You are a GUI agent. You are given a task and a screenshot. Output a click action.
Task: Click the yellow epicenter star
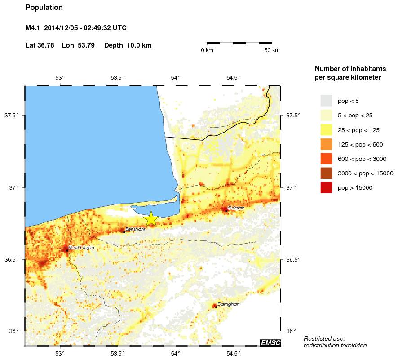[151, 218]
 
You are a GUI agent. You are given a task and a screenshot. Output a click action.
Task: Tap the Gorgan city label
[236, 208]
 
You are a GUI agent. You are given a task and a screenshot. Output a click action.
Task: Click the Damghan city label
[228, 304]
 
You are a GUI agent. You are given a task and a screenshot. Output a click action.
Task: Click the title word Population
[44, 8]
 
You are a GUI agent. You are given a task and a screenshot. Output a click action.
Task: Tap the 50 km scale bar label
[271, 50]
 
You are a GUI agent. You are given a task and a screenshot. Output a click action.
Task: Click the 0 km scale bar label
[207, 50]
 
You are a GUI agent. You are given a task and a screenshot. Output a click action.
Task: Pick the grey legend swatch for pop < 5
[326, 101]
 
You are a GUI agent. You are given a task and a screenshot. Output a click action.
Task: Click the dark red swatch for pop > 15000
[326, 187]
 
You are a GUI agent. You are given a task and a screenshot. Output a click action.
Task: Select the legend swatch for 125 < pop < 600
[326, 144]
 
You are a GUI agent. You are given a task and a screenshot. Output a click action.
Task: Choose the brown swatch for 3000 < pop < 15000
[326, 173]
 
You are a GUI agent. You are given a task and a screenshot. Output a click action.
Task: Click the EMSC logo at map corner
[270, 343]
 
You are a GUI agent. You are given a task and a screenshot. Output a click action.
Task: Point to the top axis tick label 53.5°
[118, 77]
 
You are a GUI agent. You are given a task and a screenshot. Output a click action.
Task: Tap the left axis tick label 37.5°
[12, 116]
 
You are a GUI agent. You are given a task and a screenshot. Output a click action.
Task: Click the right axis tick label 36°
[291, 331]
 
